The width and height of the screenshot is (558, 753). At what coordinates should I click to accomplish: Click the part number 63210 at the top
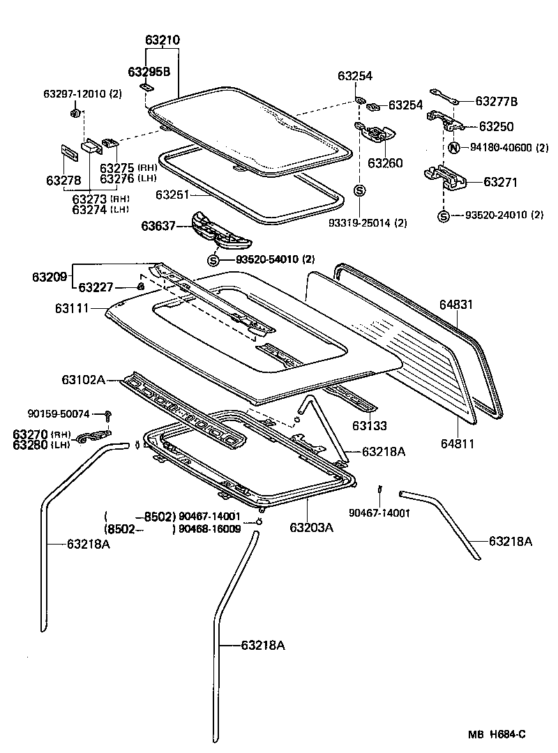[x=163, y=40]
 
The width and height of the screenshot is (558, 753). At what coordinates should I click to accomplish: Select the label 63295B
[x=149, y=72]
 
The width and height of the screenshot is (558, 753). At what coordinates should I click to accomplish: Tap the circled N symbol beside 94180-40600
[x=453, y=148]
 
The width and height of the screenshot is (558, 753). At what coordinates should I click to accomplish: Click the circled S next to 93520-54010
[x=214, y=260]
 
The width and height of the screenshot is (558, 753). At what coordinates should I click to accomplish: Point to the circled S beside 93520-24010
[x=443, y=215]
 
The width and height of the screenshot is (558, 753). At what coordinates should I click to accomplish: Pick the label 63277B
[x=497, y=102]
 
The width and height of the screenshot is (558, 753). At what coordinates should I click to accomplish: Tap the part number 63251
[x=173, y=195]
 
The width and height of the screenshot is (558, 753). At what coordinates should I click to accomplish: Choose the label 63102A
[x=83, y=379]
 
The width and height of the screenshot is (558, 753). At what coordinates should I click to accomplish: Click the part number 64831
[x=457, y=305]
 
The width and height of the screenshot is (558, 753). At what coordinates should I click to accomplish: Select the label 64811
[x=456, y=443]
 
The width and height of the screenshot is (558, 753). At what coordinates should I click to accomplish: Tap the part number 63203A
[x=312, y=528]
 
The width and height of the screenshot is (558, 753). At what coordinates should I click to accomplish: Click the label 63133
[x=369, y=425]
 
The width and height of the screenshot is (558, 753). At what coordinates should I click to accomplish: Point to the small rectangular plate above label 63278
[x=68, y=153]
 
